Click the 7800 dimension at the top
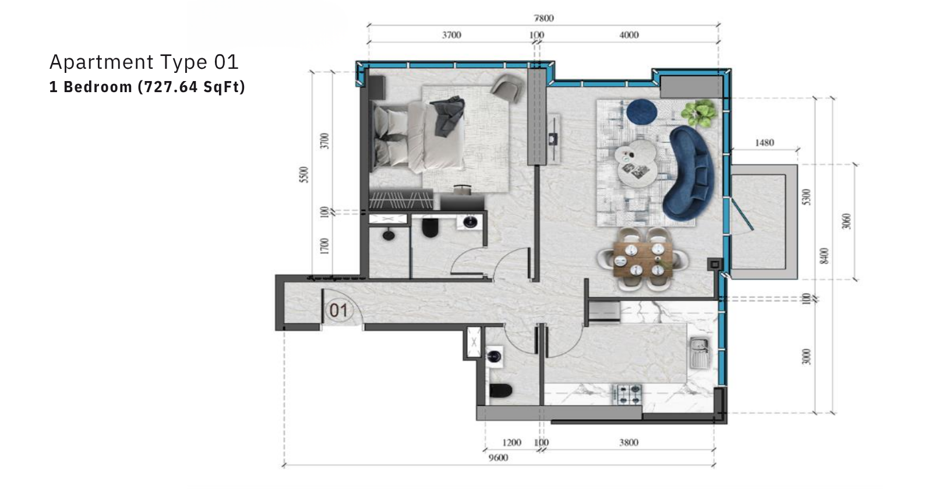pyautogui.click(x=544, y=18)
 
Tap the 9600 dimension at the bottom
pyautogui.click(x=498, y=458)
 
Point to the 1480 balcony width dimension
pyautogui.click(x=764, y=143)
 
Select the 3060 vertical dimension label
pyautogui.click(x=846, y=221)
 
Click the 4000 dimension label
pyautogui.click(x=629, y=35)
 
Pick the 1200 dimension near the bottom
pyautogui.click(x=512, y=442)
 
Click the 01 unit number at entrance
pyautogui.click(x=338, y=310)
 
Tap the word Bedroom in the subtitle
pyautogui.click(x=98, y=87)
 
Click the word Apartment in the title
pyautogui.click(x=101, y=62)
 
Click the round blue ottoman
pyautogui.click(x=642, y=111)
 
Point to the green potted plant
pyautogui.click(x=699, y=113)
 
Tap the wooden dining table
pyautogui.click(x=643, y=259)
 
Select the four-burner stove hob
pyautogui.click(x=627, y=394)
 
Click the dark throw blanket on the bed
pyautogui.click(x=449, y=116)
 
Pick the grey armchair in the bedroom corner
pyautogui.click(x=507, y=88)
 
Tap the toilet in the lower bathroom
pyautogui.click(x=500, y=391)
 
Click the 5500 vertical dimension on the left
pyautogui.click(x=305, y=174)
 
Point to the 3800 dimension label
pyautogui.click(x=629, y=442)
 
